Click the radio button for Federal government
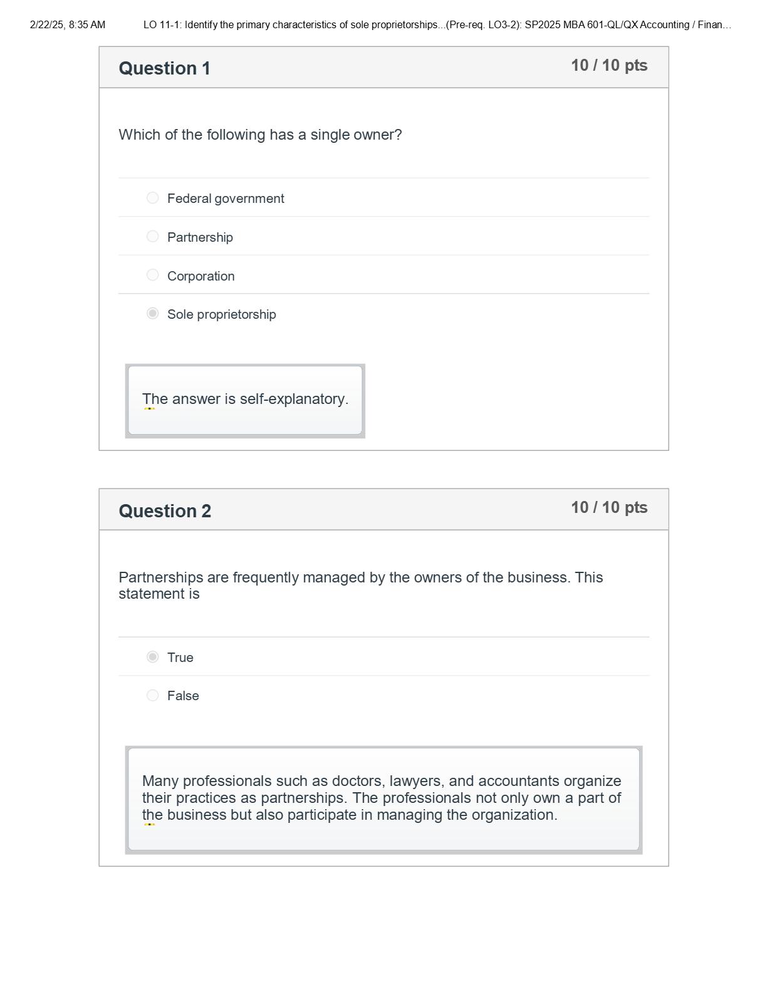(x=152, y=198)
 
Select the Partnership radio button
(x=152, y=237)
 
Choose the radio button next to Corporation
(x=152, y=275)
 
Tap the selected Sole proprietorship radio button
(x=152, y=313)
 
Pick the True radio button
(x=152, y=657)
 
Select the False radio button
(x=152, y=695)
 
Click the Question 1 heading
(x=164, y=68)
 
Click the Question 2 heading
(x=165, y=511)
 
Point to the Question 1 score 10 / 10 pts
(x=608, y=66)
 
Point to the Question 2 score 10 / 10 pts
(x=608, y=508)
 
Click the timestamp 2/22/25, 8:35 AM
(x=68, y=25)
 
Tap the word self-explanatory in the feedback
(x=294, y=400)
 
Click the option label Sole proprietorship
(x=221, y=314)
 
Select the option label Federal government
(x=226, y=199)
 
